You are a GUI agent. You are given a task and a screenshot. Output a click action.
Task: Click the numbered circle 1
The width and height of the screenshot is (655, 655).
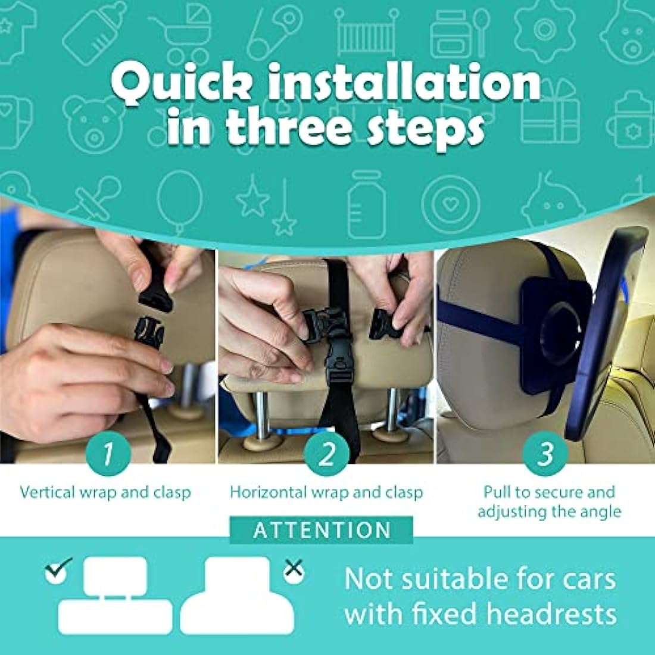(108, 456)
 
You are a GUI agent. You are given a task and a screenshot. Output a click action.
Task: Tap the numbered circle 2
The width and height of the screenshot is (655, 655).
(326, 456)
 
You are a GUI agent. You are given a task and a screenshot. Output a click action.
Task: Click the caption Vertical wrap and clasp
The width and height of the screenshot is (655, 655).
(105, 492)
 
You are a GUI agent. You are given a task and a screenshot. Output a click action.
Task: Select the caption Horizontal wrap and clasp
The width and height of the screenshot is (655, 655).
(326, 492)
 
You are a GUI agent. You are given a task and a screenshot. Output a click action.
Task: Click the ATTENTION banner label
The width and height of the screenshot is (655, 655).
(322, 530)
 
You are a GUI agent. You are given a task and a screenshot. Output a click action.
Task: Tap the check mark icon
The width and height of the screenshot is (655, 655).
(58, 569)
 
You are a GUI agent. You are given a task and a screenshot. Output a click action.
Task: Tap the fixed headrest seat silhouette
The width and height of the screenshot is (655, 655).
(236, 595)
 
